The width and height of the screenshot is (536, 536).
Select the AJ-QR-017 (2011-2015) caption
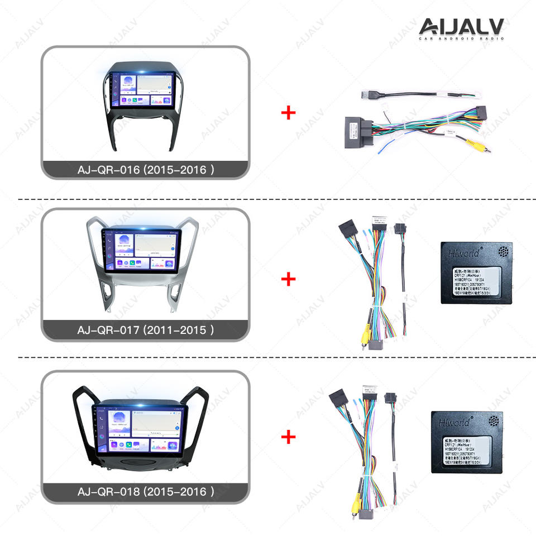[x=145, y=330]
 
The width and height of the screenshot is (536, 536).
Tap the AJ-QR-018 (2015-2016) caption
[x=145, y=492]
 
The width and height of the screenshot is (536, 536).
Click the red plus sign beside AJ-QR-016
[x=288, y=114]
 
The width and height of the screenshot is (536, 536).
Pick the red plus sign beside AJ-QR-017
[x=288, y=278]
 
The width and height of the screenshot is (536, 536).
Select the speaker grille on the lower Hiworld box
[x=495, y=420]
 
